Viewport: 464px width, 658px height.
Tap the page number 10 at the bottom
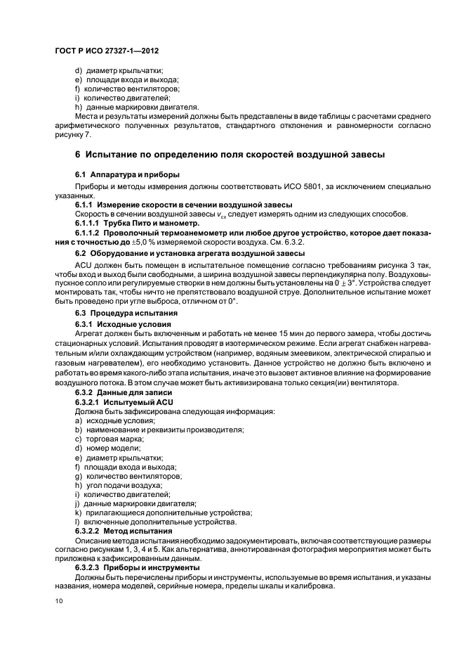coord(60,601)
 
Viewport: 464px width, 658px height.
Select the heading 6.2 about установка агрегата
coord(190,252)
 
